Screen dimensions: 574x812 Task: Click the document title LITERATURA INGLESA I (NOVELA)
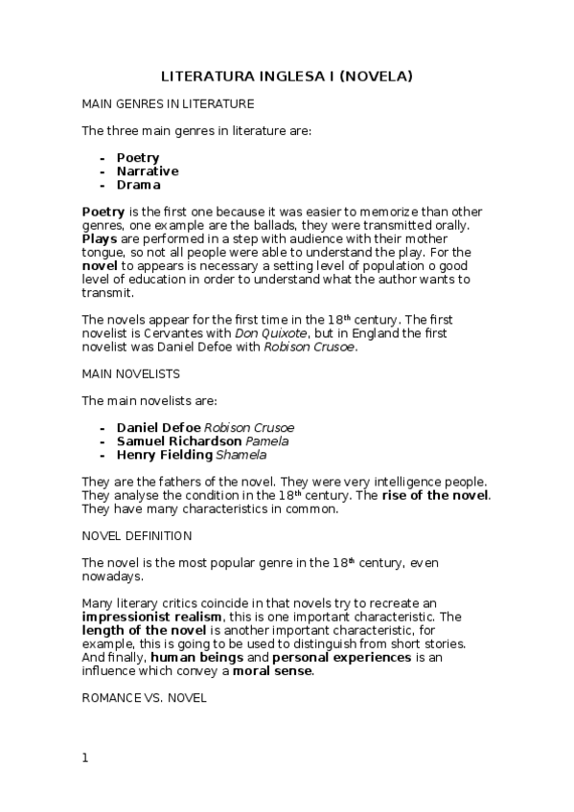(x=287, y=76)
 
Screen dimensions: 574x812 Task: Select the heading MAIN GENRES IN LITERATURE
(x=168, y=102)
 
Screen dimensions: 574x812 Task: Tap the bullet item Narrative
(x=148, y=171)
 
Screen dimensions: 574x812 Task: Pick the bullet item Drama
(x=139, y=185)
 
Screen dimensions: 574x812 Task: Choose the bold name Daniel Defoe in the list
(x=159, y=427)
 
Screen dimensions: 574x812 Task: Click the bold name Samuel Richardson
(x=179, y=441)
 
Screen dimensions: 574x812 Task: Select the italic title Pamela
(x=267, y=441)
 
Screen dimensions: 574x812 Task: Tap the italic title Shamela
(x=241, y=455)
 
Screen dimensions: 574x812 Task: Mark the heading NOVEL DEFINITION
(x=137, y=535)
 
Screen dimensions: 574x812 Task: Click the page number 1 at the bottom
(x=85, y=758)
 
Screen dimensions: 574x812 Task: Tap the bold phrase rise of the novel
(x=435, y=495)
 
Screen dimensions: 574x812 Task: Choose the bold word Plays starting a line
(x=100, y=238)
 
